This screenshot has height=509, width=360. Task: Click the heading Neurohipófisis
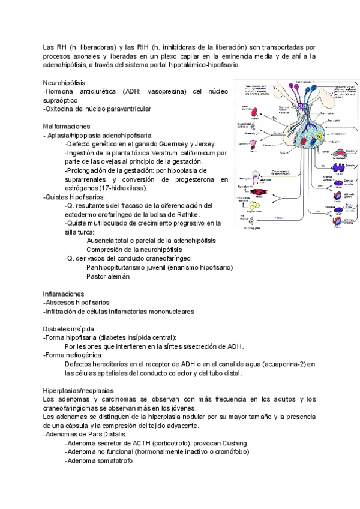tap(64, 82)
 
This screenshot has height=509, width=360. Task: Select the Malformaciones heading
tap(67, 127)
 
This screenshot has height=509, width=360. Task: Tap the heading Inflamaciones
tap(64, 294)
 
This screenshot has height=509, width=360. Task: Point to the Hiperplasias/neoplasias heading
tap(79, 390)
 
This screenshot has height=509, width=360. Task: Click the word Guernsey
tap(174, 144)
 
